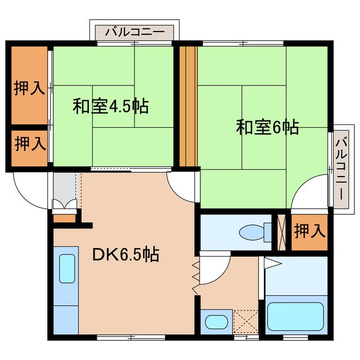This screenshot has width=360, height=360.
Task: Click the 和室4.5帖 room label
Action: click(x=110, y=106)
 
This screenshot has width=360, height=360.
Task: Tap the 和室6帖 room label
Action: click(x=267, y=127)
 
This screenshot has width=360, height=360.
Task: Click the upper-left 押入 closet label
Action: click(x=30, y=88)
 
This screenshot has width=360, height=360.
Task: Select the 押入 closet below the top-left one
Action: click(x=30, y=144)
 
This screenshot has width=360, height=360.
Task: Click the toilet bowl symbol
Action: click(x=248, y=232)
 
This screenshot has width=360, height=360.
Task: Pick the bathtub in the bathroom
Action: click(x=295, y=317)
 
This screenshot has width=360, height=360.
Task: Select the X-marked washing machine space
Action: click(x=245, y=322)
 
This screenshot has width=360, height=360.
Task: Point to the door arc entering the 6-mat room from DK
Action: click(x=183, y=188)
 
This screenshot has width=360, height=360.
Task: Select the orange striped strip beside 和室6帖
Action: click(x=189, y=107)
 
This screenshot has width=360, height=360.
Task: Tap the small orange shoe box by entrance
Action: click(x=64, y=217)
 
